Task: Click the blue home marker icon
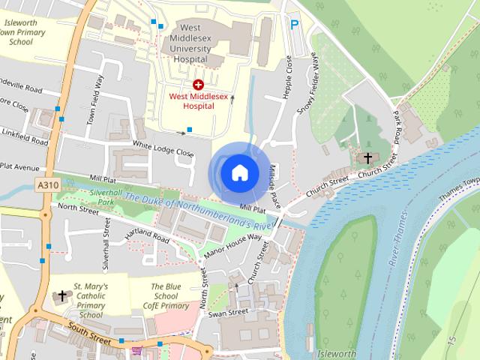pos(238,172)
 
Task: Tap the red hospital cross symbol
pos(198,85)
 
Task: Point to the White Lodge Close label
pos(163,147)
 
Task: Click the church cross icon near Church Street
pos(367,158)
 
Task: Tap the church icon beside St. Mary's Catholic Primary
pos(61,296)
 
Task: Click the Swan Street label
pos(227,312)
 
